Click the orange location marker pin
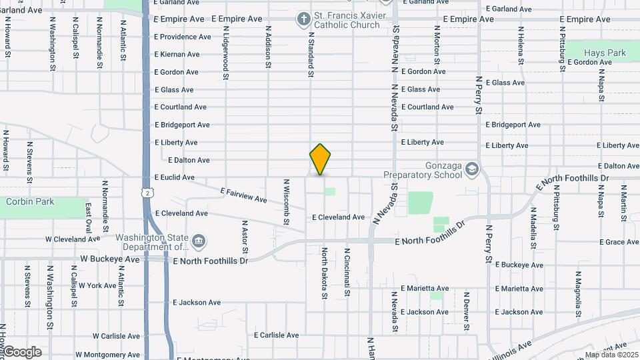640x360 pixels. [x=320, y=159]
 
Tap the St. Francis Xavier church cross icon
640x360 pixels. [x=303, y=20]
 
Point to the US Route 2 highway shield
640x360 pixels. [x=147, y=193]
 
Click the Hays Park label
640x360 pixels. [x=605, y=53]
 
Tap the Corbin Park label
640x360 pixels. [x=29, y=201]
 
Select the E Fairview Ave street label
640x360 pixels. [x=243, y=195]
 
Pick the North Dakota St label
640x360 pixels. [x=325, y=269]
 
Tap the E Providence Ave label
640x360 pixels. [x=181, y=37]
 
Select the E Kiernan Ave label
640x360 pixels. [x=177, y=55]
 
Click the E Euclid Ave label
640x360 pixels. [x=175, y=177]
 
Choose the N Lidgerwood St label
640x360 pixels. [x=226, y=53]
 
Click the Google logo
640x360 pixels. [x=22, y=352]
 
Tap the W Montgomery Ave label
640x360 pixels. [x=108, y=355]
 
